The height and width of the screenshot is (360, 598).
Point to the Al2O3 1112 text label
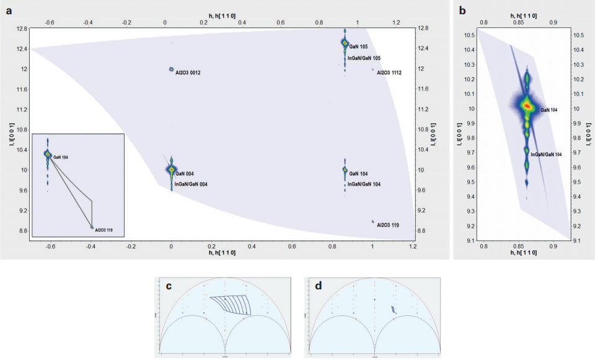tap(389, 72)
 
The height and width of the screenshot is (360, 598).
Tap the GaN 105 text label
tap(359, 46)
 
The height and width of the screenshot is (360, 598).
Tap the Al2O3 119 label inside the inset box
tap(101, 230)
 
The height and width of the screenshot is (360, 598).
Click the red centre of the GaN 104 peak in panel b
tap(527, 106)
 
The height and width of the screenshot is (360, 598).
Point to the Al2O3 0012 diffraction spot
tap(171, 69)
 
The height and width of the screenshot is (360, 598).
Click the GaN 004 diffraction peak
tap(172, 169)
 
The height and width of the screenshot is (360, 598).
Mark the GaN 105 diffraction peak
tap(345, 43)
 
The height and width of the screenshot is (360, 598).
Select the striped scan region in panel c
tap(231, 305)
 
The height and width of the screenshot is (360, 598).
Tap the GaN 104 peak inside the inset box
tap(47, 154)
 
